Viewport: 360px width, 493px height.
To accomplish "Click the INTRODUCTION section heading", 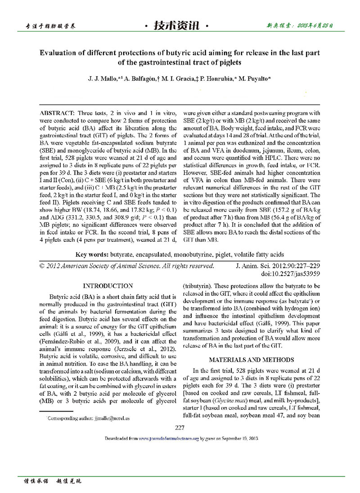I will click(x=108, y=286).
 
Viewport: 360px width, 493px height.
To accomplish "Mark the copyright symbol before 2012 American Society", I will click(x=43, y=266).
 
